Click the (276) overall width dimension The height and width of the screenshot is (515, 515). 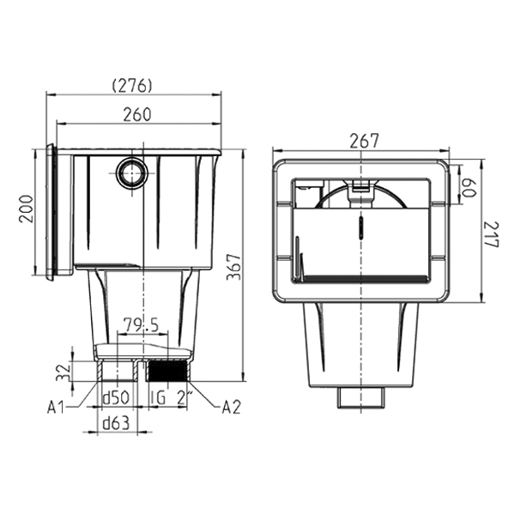[132, 85]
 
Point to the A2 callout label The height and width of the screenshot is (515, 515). [230, 405]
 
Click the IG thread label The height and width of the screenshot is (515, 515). [156, 399]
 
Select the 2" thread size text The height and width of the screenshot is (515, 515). [183, 399]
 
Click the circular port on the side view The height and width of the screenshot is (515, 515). [131, 174]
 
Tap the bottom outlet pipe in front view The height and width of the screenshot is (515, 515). [360, 397]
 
